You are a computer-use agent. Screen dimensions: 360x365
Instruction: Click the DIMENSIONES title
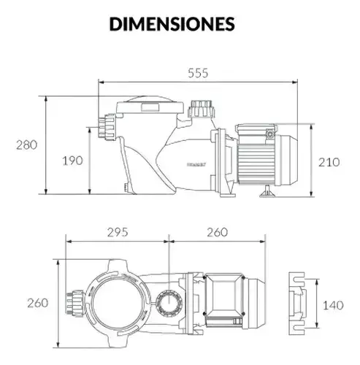pos(172,24)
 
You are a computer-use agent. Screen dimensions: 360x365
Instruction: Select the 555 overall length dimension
pos(198,73)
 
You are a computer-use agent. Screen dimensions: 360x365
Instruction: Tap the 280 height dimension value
pos(27,145)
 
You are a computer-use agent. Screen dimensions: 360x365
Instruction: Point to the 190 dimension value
pos(72,161)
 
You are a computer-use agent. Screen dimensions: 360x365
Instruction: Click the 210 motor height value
pos(329,162)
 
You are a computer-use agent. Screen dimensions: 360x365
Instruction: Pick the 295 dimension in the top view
pos(118,232)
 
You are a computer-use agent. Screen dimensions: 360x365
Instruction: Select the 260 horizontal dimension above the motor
pos(218,232)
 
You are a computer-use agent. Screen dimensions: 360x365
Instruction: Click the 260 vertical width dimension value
pos(38,303)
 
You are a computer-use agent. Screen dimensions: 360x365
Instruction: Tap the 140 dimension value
pos(333,305)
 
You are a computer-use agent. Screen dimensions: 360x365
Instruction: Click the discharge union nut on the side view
pos(202,109)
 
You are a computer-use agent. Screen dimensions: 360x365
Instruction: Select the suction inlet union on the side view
pos(107,127)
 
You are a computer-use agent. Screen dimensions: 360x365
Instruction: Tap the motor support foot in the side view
pos(267,191)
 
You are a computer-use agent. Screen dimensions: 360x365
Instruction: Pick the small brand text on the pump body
pos(196,164)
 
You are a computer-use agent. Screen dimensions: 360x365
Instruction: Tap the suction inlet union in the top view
pos(75,303)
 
